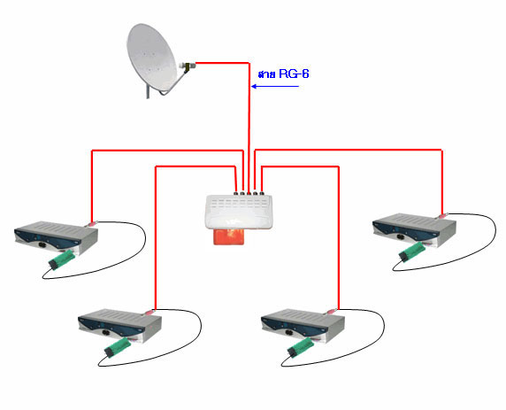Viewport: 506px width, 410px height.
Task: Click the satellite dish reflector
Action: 151,58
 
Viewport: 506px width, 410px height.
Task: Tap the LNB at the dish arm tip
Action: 188,66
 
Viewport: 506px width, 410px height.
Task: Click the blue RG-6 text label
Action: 284,74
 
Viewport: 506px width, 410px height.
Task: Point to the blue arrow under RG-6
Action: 275,86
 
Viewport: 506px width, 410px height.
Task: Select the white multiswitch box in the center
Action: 238,212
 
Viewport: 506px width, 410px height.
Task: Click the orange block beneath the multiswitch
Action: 229,236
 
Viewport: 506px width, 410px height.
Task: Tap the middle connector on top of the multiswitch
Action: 249,194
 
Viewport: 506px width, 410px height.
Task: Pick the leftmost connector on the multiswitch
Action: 236,194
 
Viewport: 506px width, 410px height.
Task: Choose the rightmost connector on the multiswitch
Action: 262,194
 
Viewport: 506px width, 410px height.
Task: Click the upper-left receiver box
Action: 56,236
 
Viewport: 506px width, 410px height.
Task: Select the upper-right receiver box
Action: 414,229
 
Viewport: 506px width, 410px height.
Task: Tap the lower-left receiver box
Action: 119,325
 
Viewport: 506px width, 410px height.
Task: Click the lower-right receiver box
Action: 303,325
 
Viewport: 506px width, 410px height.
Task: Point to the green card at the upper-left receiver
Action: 62,259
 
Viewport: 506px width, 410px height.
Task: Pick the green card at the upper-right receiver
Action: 412,252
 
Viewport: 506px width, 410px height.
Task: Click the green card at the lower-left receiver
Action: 118,347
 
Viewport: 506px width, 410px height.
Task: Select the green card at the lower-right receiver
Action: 301,347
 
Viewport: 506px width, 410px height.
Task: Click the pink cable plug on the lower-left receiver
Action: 149,312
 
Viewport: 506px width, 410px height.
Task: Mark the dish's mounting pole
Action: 148,92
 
